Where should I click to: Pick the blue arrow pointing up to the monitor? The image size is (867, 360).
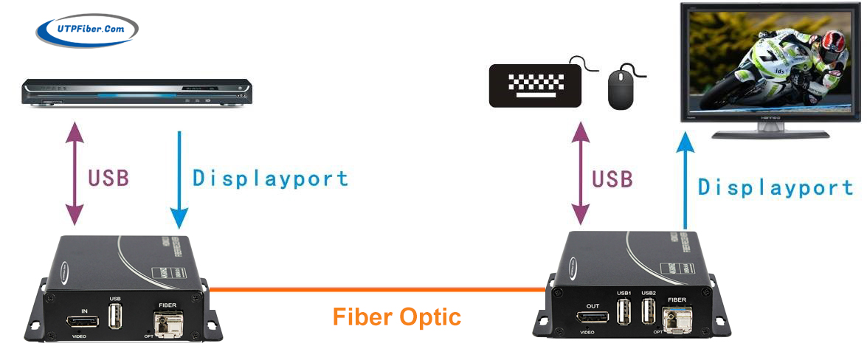[x=686, y=181]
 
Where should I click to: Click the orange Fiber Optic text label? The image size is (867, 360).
[x=396, y=317]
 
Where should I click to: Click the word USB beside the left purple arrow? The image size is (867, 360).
[x=108, y=178]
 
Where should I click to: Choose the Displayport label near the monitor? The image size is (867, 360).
[x=776, y=187]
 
